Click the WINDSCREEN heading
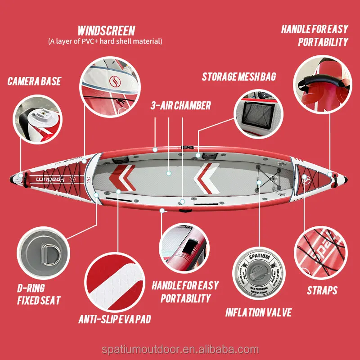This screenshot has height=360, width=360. (106, 31)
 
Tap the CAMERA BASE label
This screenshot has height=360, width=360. (34, 81)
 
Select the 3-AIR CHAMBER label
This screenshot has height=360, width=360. (180, 106)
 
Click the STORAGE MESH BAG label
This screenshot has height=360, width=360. (238, 76)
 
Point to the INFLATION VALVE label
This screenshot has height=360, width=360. (258, 312)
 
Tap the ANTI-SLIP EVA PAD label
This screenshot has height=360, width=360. (114, 319)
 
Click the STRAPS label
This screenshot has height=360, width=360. (322, 290)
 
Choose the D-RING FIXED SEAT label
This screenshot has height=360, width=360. (31, 294)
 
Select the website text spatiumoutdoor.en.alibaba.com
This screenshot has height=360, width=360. (180, 350)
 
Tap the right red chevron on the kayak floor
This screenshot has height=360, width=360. (206, 175)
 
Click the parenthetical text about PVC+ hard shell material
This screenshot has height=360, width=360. (105, 41)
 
